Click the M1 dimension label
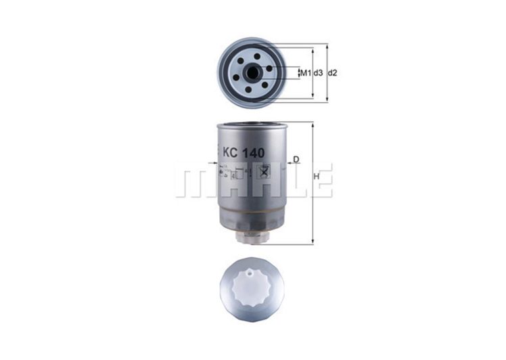pyautogui.click(x=304, y=72)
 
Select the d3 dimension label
pyautogui.click(x=317, y=72)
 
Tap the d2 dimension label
pyautogui.click(x=332, y=72)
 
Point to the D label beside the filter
pyautogui.click(x=296, y=160)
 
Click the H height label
pyautogui.click(x=317, y=177)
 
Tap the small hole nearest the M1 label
pyautogui.click(x=269, y=68)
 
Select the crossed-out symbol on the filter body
pyautogui.click(x=264, y=171)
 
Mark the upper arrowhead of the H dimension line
pyautogui.click(x=312, y=125)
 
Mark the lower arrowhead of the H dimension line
pyautogui.click(x=312, y=242)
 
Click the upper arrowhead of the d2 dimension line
pyautogui.click(x=327, y=47)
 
